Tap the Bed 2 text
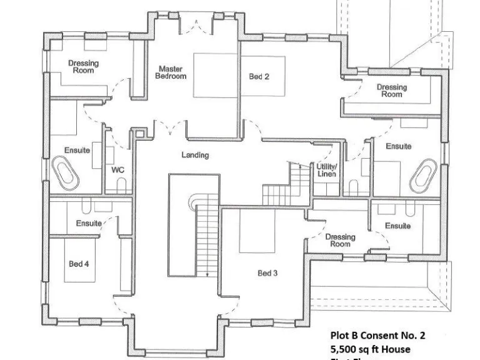(259, 77)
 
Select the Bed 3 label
(267, 273)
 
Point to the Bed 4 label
(79, 264)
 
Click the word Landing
(195, 155)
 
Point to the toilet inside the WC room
(121, 184)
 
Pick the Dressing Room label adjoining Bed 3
(340, 241)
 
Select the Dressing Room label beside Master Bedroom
(83, 67)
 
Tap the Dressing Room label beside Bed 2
(392, 91)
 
